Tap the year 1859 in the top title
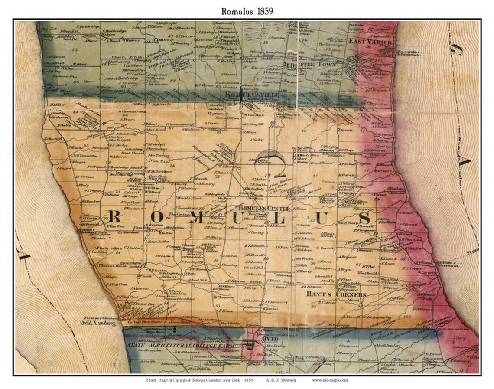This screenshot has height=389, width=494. point(263,12)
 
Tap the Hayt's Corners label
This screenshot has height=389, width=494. point(332,294)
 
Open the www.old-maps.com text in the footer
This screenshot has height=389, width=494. point(329,380)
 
